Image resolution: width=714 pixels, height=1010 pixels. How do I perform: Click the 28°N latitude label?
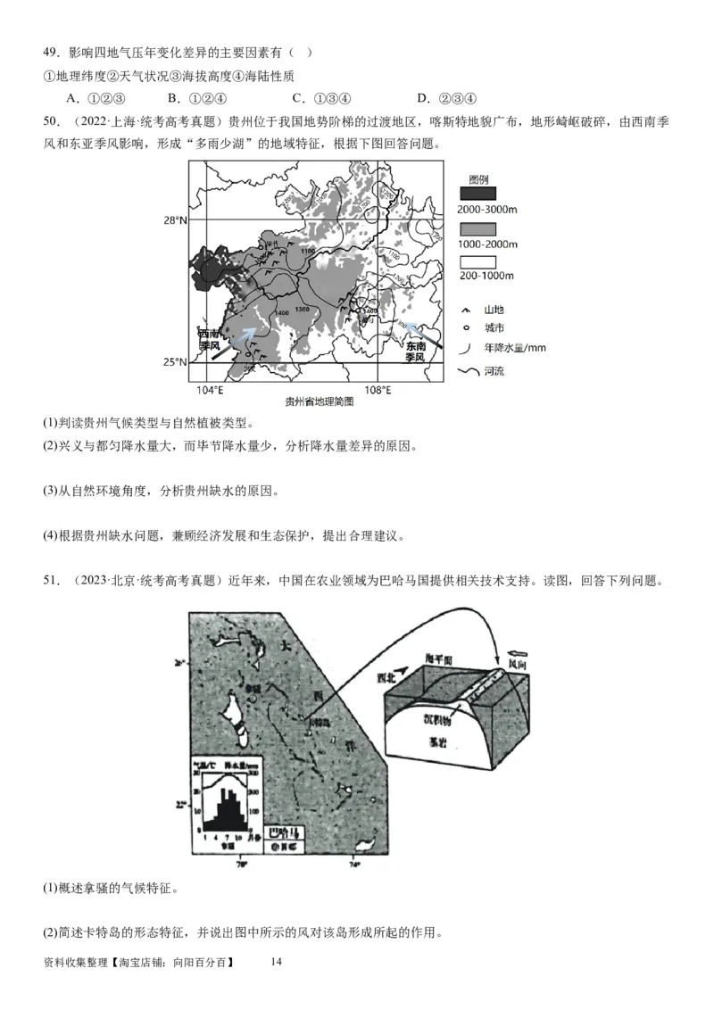point(175,219)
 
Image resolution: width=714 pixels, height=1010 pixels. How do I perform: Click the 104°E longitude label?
point(210,390)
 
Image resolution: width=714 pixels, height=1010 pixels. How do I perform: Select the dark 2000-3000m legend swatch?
point(478,194)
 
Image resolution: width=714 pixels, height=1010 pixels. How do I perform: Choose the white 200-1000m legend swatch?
point(478,262)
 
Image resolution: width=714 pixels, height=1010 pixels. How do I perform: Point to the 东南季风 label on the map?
point(416,351)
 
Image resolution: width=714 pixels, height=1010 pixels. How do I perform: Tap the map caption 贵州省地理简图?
point(320,402)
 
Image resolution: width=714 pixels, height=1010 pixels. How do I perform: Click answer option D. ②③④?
point(446,98)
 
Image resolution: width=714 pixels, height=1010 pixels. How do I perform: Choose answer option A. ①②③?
point(94,98)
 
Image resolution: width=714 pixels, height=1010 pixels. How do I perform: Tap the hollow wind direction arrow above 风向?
point(517,652)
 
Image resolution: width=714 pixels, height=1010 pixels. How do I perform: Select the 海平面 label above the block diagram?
point(440,658)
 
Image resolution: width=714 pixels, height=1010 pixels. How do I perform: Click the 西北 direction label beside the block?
point(390,677)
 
